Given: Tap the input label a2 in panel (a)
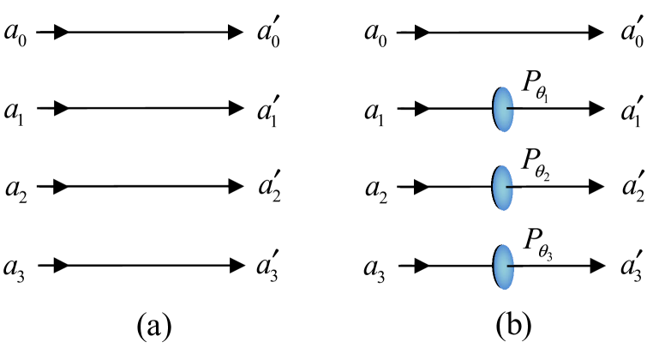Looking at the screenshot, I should point(16,188).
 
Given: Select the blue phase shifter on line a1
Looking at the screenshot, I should point(502,109).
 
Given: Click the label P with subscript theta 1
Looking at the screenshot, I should point(537,88).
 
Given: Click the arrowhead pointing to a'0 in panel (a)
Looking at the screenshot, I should point(236,33).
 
